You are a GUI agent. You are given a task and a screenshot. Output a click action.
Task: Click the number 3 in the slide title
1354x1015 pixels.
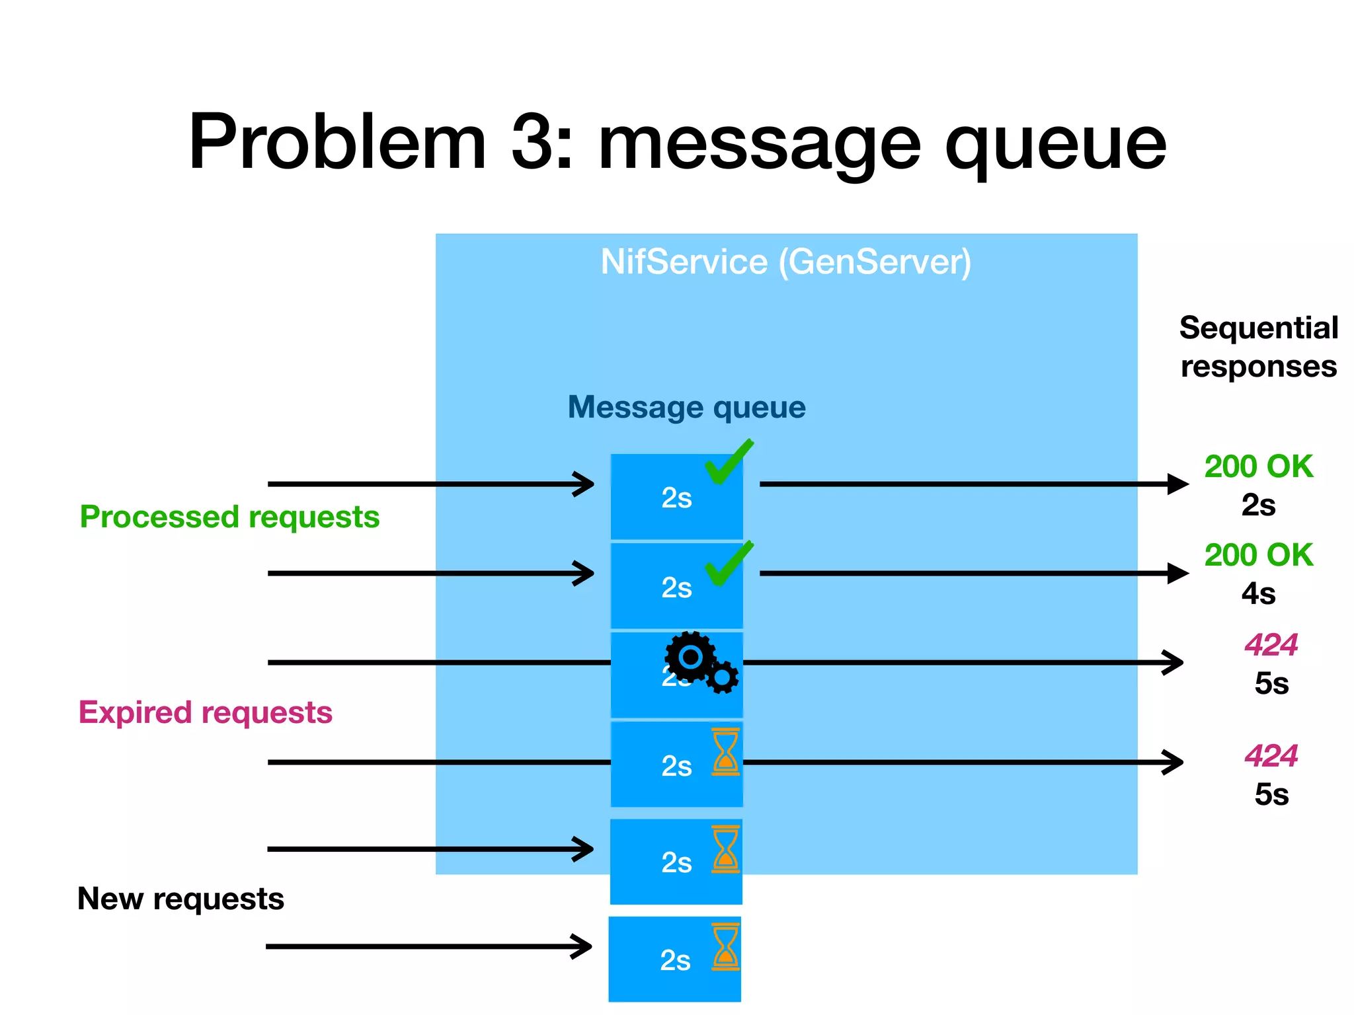pos(532,142)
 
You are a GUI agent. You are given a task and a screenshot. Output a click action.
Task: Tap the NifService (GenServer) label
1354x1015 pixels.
pos(785,262)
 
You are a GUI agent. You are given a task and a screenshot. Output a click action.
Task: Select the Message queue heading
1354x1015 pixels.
pos(686,407)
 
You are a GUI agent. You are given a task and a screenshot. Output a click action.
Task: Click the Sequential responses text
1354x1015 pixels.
pos(1258,347)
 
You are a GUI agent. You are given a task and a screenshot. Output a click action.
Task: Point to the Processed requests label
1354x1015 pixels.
pos(229,517)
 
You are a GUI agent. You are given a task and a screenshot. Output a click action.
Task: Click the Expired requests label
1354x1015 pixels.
pos(205,712)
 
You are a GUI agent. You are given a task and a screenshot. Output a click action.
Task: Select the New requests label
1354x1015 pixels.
pos(180,899)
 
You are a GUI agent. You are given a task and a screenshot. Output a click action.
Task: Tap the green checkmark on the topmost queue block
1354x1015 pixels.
pos(728,462)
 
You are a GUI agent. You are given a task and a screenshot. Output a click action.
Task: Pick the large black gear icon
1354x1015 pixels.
pos(690,657)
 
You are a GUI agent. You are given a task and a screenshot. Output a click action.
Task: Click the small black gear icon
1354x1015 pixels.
pos(722,677)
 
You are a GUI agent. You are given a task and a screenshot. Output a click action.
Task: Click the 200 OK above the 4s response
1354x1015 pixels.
pos(1257,555)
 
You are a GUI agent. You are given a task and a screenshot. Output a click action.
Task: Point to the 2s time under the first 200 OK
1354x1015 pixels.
pos(1257,506)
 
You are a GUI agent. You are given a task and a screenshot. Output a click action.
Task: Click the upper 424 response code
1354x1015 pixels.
pos(1271,645)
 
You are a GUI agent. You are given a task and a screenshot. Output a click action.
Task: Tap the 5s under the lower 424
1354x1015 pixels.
pos(1271,794)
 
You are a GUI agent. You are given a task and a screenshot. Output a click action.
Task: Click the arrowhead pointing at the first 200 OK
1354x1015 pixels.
pos(1178,484)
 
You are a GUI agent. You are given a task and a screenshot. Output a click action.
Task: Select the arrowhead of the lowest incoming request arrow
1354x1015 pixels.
pos(582,946)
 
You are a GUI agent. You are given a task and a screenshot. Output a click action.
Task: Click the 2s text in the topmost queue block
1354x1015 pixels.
pos(676,498)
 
